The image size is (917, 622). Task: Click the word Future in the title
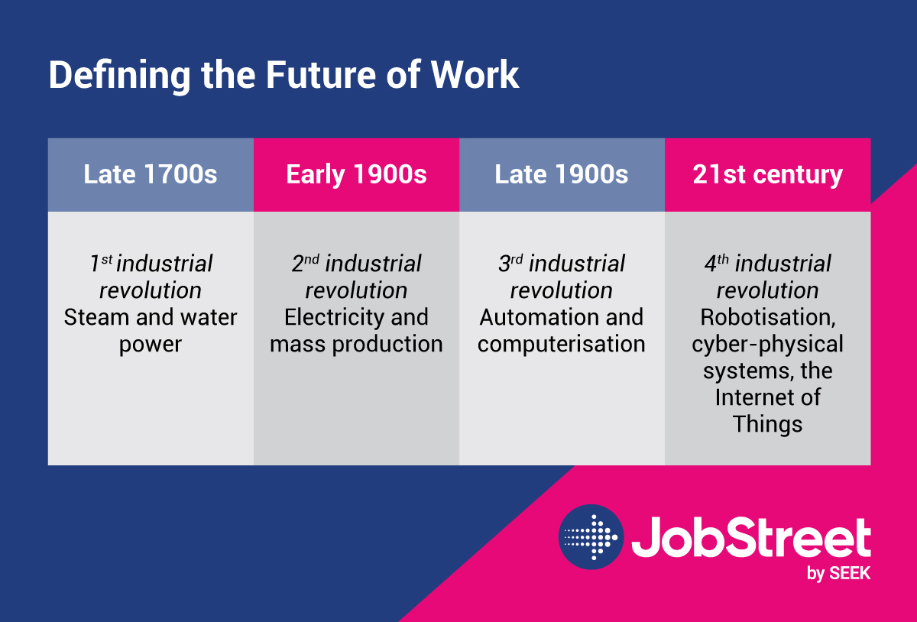[x=320, y=75]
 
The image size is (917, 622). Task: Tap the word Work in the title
[x=475, y=75]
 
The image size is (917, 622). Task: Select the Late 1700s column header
[x=151, y=175]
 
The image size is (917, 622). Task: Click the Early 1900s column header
[x=357, y=175]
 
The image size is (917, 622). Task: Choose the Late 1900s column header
[x=562, y=175]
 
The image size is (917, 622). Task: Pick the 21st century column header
[x=767, y=175]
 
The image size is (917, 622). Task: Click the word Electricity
[x=334, y=318]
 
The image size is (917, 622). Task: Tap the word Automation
[x=534, y=317]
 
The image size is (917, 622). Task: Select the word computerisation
[x=561, y=345]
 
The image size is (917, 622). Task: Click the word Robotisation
[x=768, y=318]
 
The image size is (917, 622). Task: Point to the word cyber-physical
[x=767, y=345]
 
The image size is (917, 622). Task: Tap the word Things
[x=767, y=425]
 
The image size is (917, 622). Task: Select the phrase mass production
[x=356, y=345]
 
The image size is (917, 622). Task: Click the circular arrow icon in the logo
[x=591, y=537]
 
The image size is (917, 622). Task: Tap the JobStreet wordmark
[x=751, y=537]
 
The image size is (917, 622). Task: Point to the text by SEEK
[x=839, y=574]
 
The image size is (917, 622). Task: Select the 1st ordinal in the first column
[x=101, y=263]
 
